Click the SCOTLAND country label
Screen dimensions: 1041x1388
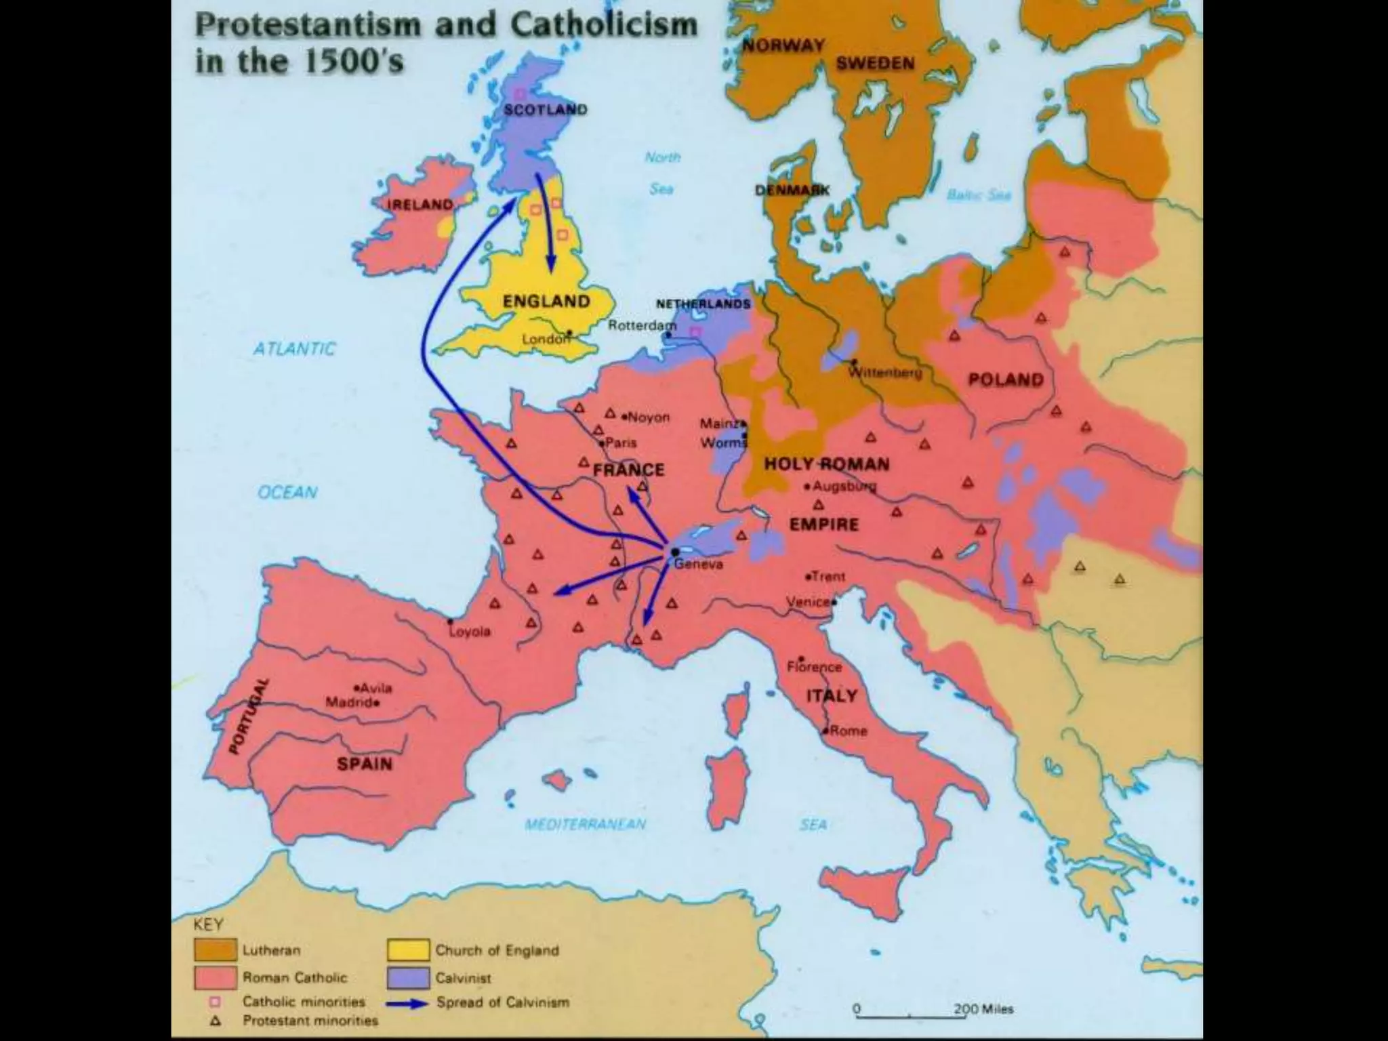click(545, 109)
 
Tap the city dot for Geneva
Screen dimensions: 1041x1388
click(675, 552)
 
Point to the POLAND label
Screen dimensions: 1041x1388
click(1005, 380)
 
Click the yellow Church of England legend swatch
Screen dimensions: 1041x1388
click(408, 950)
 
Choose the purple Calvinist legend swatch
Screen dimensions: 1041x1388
click(408, 978)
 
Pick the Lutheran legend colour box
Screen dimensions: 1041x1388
click(215, 950)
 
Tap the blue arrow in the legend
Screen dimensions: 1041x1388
click(408, 1002)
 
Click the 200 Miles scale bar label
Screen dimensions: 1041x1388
click(983, 1009)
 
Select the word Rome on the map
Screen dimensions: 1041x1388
click(848, 731)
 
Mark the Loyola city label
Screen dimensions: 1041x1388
click(470, 632)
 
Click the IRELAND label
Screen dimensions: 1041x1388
click(420, 205)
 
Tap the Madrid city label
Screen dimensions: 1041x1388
click(348, 702)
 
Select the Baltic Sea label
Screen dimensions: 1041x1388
click(979, 195)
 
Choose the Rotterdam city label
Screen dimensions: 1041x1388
click(641, 325)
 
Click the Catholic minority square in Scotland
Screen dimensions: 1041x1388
click(520, 94)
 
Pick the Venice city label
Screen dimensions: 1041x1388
click(808, 602)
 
